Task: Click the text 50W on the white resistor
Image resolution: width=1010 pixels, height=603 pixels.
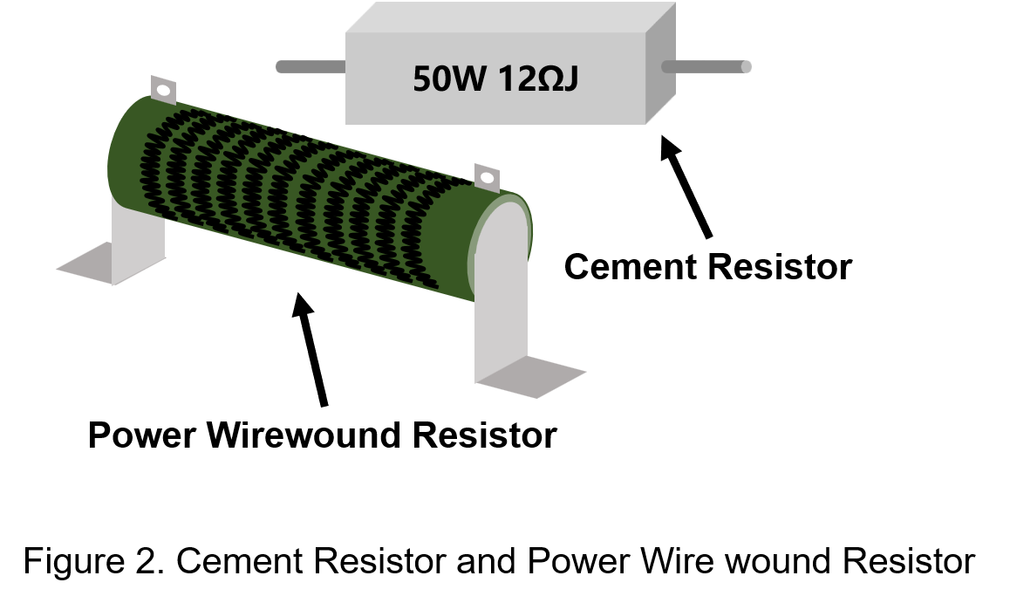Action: (x=447, y=79)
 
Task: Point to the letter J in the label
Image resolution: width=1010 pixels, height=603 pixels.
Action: (x=570, y=80)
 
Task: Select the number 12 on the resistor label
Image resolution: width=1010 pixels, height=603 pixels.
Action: (x=510, y=79)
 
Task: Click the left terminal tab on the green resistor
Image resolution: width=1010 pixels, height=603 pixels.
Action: (x=164, y=90)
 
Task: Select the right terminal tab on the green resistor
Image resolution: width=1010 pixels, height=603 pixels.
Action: (x=487, y=178)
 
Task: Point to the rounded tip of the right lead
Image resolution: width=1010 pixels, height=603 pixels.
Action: (x=746, y=66)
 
